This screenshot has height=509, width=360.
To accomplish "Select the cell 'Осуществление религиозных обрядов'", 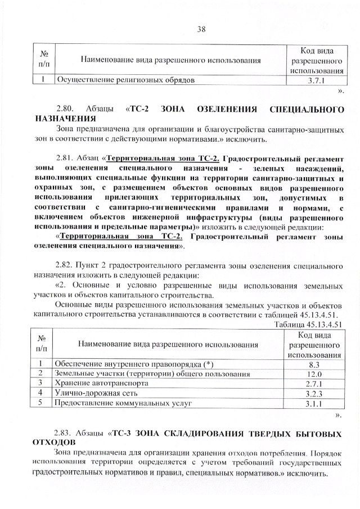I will [125, 80].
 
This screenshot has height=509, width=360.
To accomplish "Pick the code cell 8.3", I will [314, 364].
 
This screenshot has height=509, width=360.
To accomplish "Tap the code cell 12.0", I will [314, 374].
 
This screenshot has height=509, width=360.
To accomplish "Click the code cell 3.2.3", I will [314, 394].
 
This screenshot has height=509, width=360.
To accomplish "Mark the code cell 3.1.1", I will [314, 403].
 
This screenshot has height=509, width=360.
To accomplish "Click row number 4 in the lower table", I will [40, 393].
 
